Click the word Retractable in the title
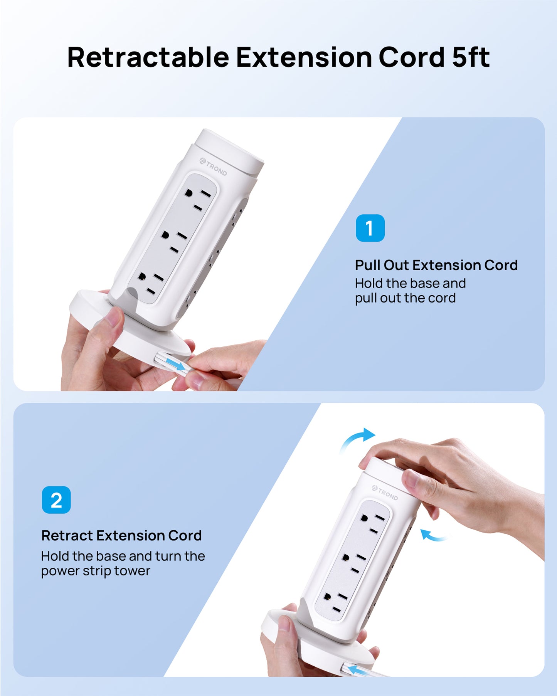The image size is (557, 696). click(x=148, y=57)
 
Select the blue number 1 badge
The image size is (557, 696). click(x=370, y=228)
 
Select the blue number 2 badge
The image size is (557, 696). click(x=56, y=500)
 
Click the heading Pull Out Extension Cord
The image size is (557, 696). click(x=436, y=265)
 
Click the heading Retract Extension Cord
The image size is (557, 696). click(x=121, y=536)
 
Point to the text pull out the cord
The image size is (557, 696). click(x=405, y=298)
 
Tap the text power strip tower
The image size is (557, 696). click(x=95, y=571)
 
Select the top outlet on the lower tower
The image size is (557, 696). click(x=372, y=525)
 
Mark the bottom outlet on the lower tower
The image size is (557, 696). click(x=332, y=603)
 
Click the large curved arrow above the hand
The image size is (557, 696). click(x=358, y=439)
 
